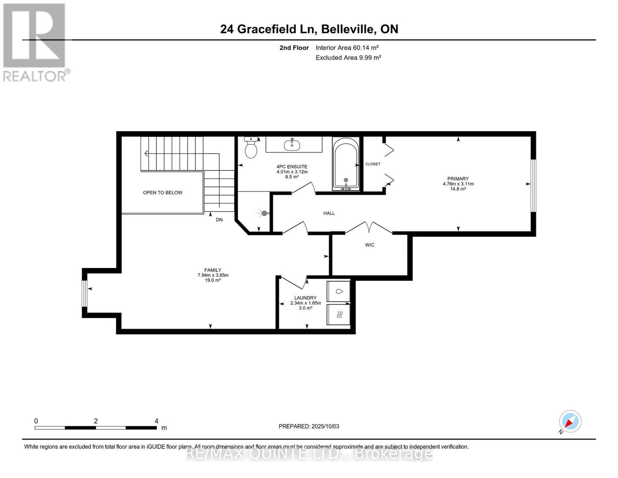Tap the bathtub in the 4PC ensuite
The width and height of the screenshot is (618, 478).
346,164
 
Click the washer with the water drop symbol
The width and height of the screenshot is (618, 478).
339,291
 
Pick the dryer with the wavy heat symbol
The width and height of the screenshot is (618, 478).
339,315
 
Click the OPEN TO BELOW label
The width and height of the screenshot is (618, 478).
162,193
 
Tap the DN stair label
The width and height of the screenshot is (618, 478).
219,220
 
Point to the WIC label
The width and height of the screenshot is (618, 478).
370,245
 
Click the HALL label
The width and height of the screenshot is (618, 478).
329,214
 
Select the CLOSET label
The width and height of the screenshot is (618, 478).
373,164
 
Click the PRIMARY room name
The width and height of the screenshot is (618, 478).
458,179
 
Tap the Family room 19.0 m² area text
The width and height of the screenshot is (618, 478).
213,280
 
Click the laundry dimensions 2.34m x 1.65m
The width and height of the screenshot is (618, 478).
305,303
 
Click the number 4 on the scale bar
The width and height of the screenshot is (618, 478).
156,421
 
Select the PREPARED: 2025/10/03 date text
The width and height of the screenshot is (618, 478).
309,427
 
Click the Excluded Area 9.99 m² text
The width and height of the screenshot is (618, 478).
348,58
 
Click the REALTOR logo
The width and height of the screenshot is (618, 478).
35,42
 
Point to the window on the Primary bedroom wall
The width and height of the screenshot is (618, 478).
533,186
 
